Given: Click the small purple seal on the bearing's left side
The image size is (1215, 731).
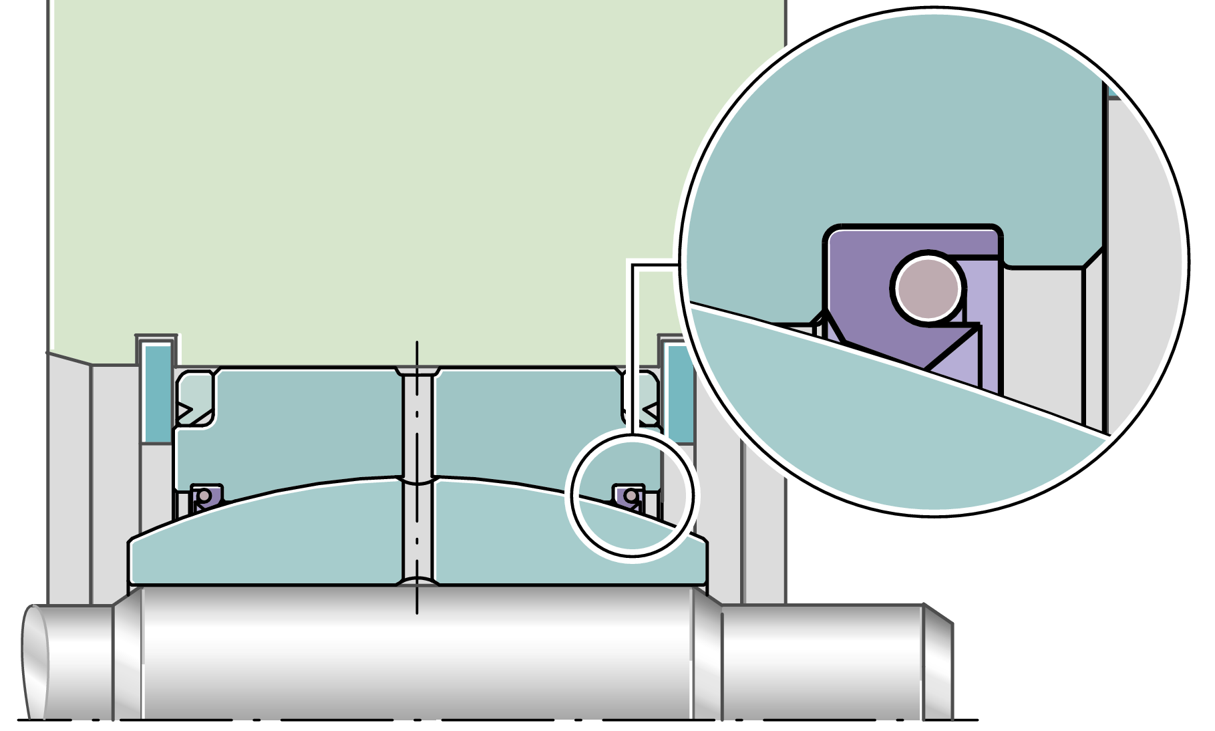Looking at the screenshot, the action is tap(206, 496).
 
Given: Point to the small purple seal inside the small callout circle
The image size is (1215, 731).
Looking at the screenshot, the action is tap(629, 496).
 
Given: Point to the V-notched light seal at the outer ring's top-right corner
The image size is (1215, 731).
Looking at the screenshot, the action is tap(641, 398).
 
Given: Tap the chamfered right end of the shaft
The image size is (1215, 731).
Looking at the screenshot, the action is tap(938, 662).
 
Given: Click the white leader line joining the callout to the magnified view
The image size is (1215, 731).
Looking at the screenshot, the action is tap(633, 334).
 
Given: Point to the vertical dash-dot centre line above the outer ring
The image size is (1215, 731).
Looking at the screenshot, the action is tap(417, 354).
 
